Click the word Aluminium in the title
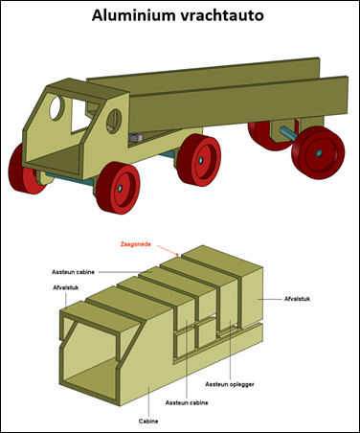[x=135, y=15]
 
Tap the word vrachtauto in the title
[x=222, y=15]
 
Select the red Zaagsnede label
[x=136, y=244]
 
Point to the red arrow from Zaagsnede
[x=168, y=250]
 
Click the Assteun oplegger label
[x=230, y=384]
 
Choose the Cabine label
[x=148, y=422]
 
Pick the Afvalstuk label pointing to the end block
[x=297, y=299]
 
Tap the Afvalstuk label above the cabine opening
[x=66, y=287]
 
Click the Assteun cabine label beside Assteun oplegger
[x=187, y=402]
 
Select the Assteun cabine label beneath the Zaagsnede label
[x=73, y=272]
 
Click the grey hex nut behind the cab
[x=136, y=138]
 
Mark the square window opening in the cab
[x=80, y=116]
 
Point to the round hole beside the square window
[x=56, y=107]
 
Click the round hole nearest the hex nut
[x=114, y=123]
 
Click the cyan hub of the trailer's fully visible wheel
[x=319, y=153]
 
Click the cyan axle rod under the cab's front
[x=70, y=179]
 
